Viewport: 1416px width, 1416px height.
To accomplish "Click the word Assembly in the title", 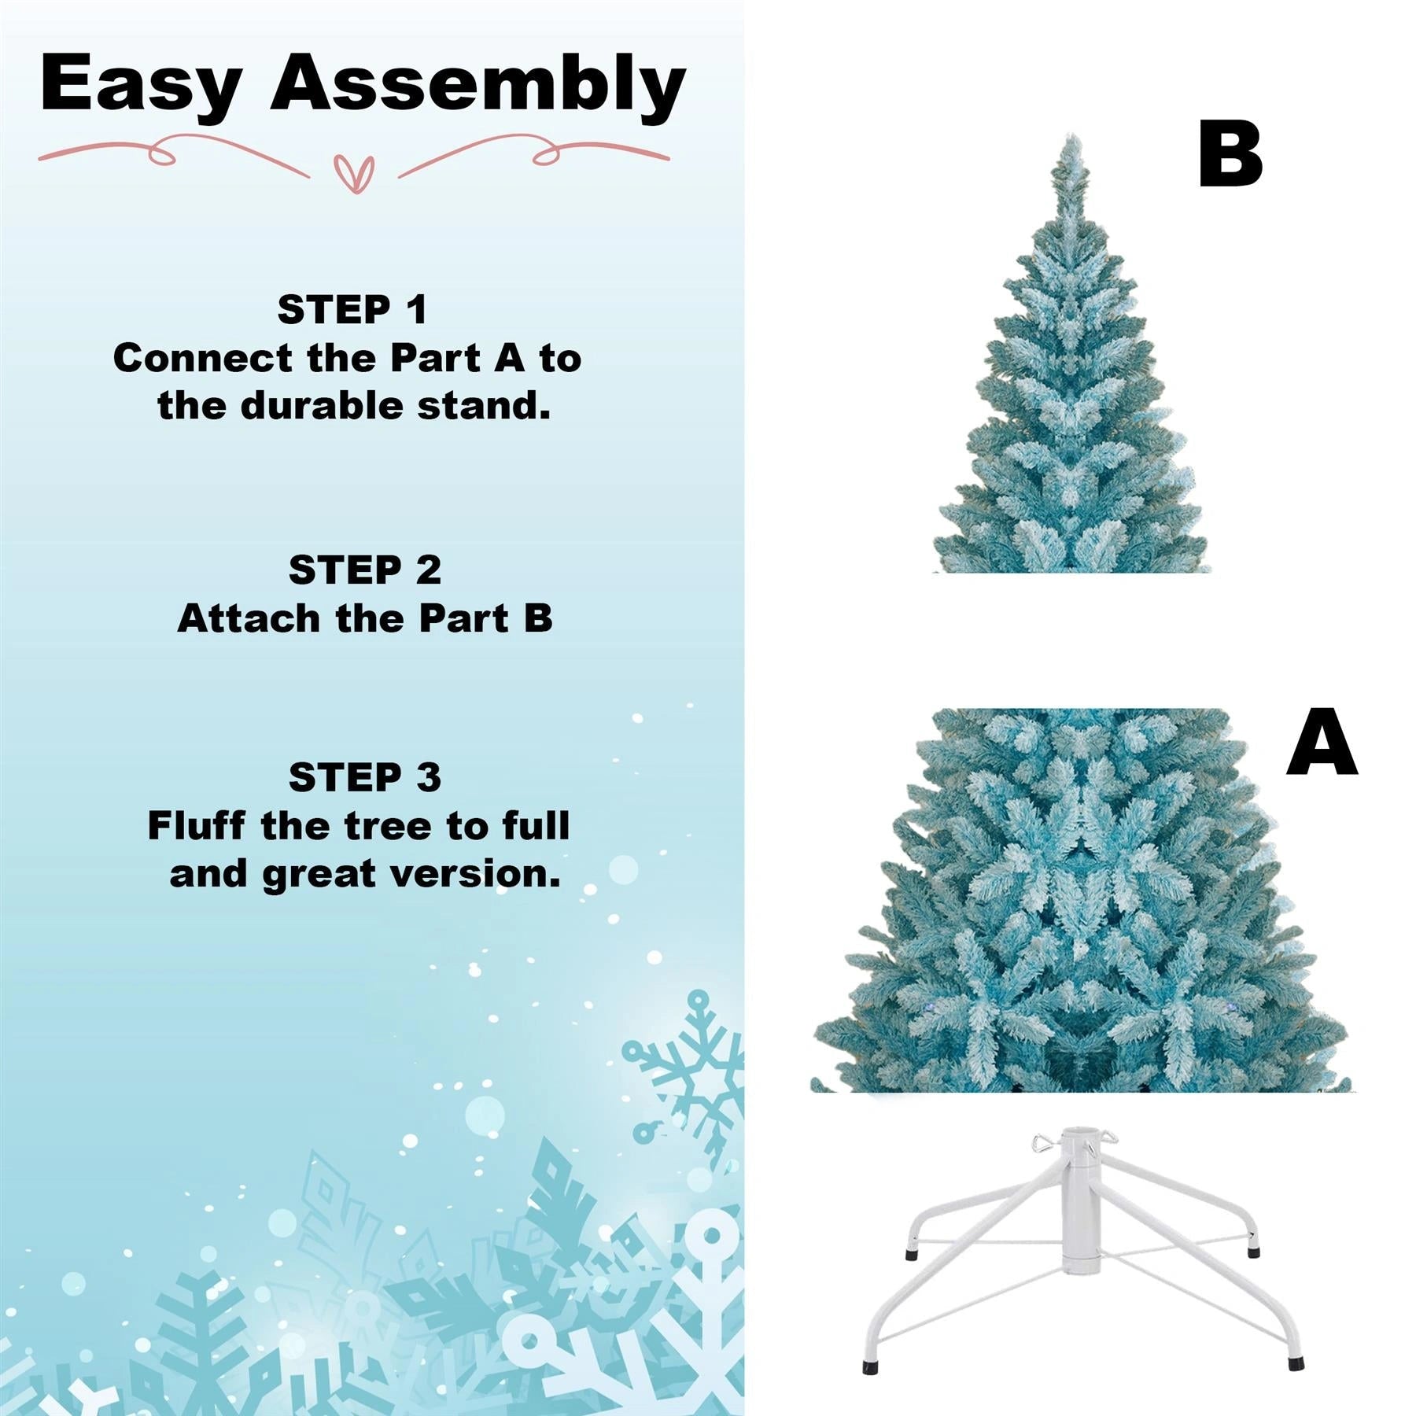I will pyautogui.click(x=478, y=85).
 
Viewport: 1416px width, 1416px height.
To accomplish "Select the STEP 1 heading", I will pyautogui.click(x=352, y=309).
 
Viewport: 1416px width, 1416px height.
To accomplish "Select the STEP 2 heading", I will pyautogui.click(x=364, y=570).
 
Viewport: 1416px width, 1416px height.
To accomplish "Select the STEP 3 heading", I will pyautogui.click(x=364, y=777).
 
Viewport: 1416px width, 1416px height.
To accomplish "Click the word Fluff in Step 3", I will pyautogui.click(x=196, y=826).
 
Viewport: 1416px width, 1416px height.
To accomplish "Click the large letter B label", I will pyautogui.click(x=1230, y=154).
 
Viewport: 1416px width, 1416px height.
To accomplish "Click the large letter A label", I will pyautogui.click(x=1322, y=743).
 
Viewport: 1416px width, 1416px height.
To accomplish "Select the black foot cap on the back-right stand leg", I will pyautogui.click(x=1254, y=1250).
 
